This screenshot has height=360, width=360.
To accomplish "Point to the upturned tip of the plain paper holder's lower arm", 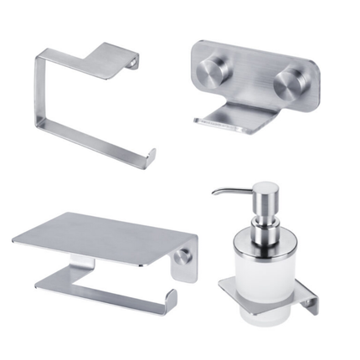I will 152,154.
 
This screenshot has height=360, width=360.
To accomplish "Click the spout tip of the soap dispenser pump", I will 214,193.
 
